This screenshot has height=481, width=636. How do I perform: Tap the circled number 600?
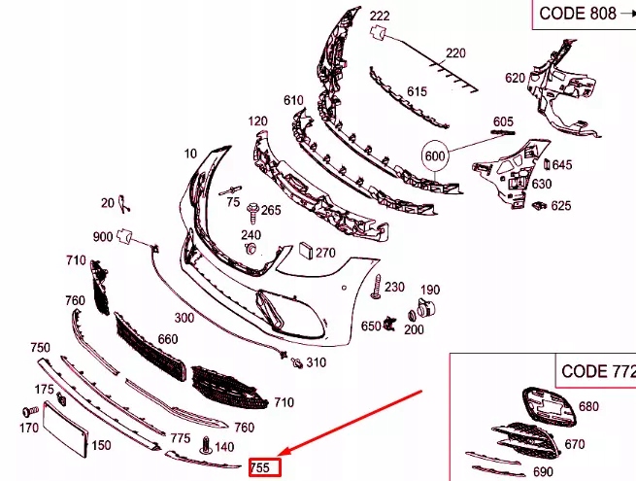(x=435, y=155)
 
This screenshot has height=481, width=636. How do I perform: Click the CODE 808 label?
(x=578, y=14)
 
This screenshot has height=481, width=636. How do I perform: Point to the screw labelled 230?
(x=377, y=287)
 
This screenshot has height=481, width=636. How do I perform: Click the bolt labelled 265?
(x=252, y=213)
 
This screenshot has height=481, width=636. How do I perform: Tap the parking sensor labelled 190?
(x=425, y=307)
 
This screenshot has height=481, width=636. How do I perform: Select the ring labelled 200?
(x=412, y=316)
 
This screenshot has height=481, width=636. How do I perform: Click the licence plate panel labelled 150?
(x=65, y=429)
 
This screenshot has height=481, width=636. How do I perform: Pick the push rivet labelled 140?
(x=207, y=446)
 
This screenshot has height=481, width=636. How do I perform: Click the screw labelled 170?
(x=30, y=412)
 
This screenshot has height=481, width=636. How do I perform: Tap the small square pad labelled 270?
(x=306, y=251)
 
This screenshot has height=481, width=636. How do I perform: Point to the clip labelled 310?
(x=297, y=362)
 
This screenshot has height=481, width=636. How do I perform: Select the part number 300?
(x=184, y=318)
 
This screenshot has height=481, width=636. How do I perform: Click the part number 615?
(x=417, y=91)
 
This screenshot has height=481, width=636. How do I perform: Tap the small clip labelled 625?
(x=539, y=205)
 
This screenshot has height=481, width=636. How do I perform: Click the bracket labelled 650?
(x=389, y=324)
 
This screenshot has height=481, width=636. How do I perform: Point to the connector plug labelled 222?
(x=377, y=32)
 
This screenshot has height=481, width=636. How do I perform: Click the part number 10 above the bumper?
(x=190, y=154)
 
